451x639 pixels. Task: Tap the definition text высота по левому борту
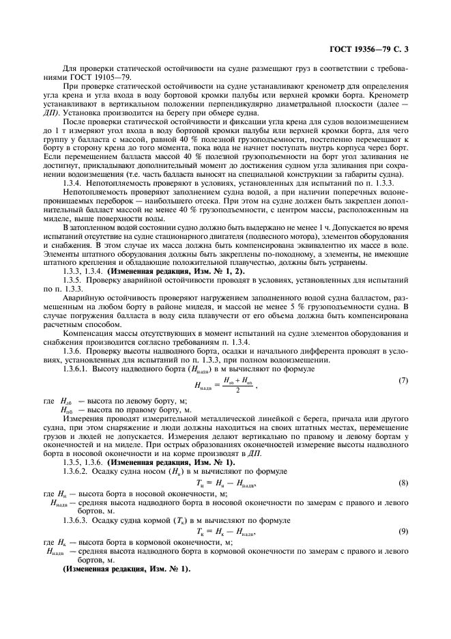(121, 400)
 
